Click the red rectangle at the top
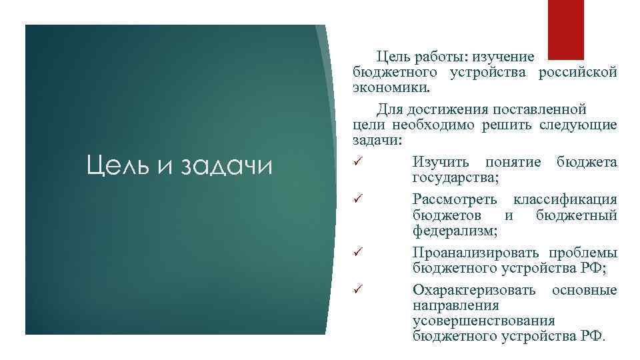tap(565, 29)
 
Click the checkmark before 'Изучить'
tap(357, 161)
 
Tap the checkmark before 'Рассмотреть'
tap(357, 199)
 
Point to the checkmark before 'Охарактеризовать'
tap(357, 289)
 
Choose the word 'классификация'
tap(565, 199)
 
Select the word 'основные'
tap(584, 290)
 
